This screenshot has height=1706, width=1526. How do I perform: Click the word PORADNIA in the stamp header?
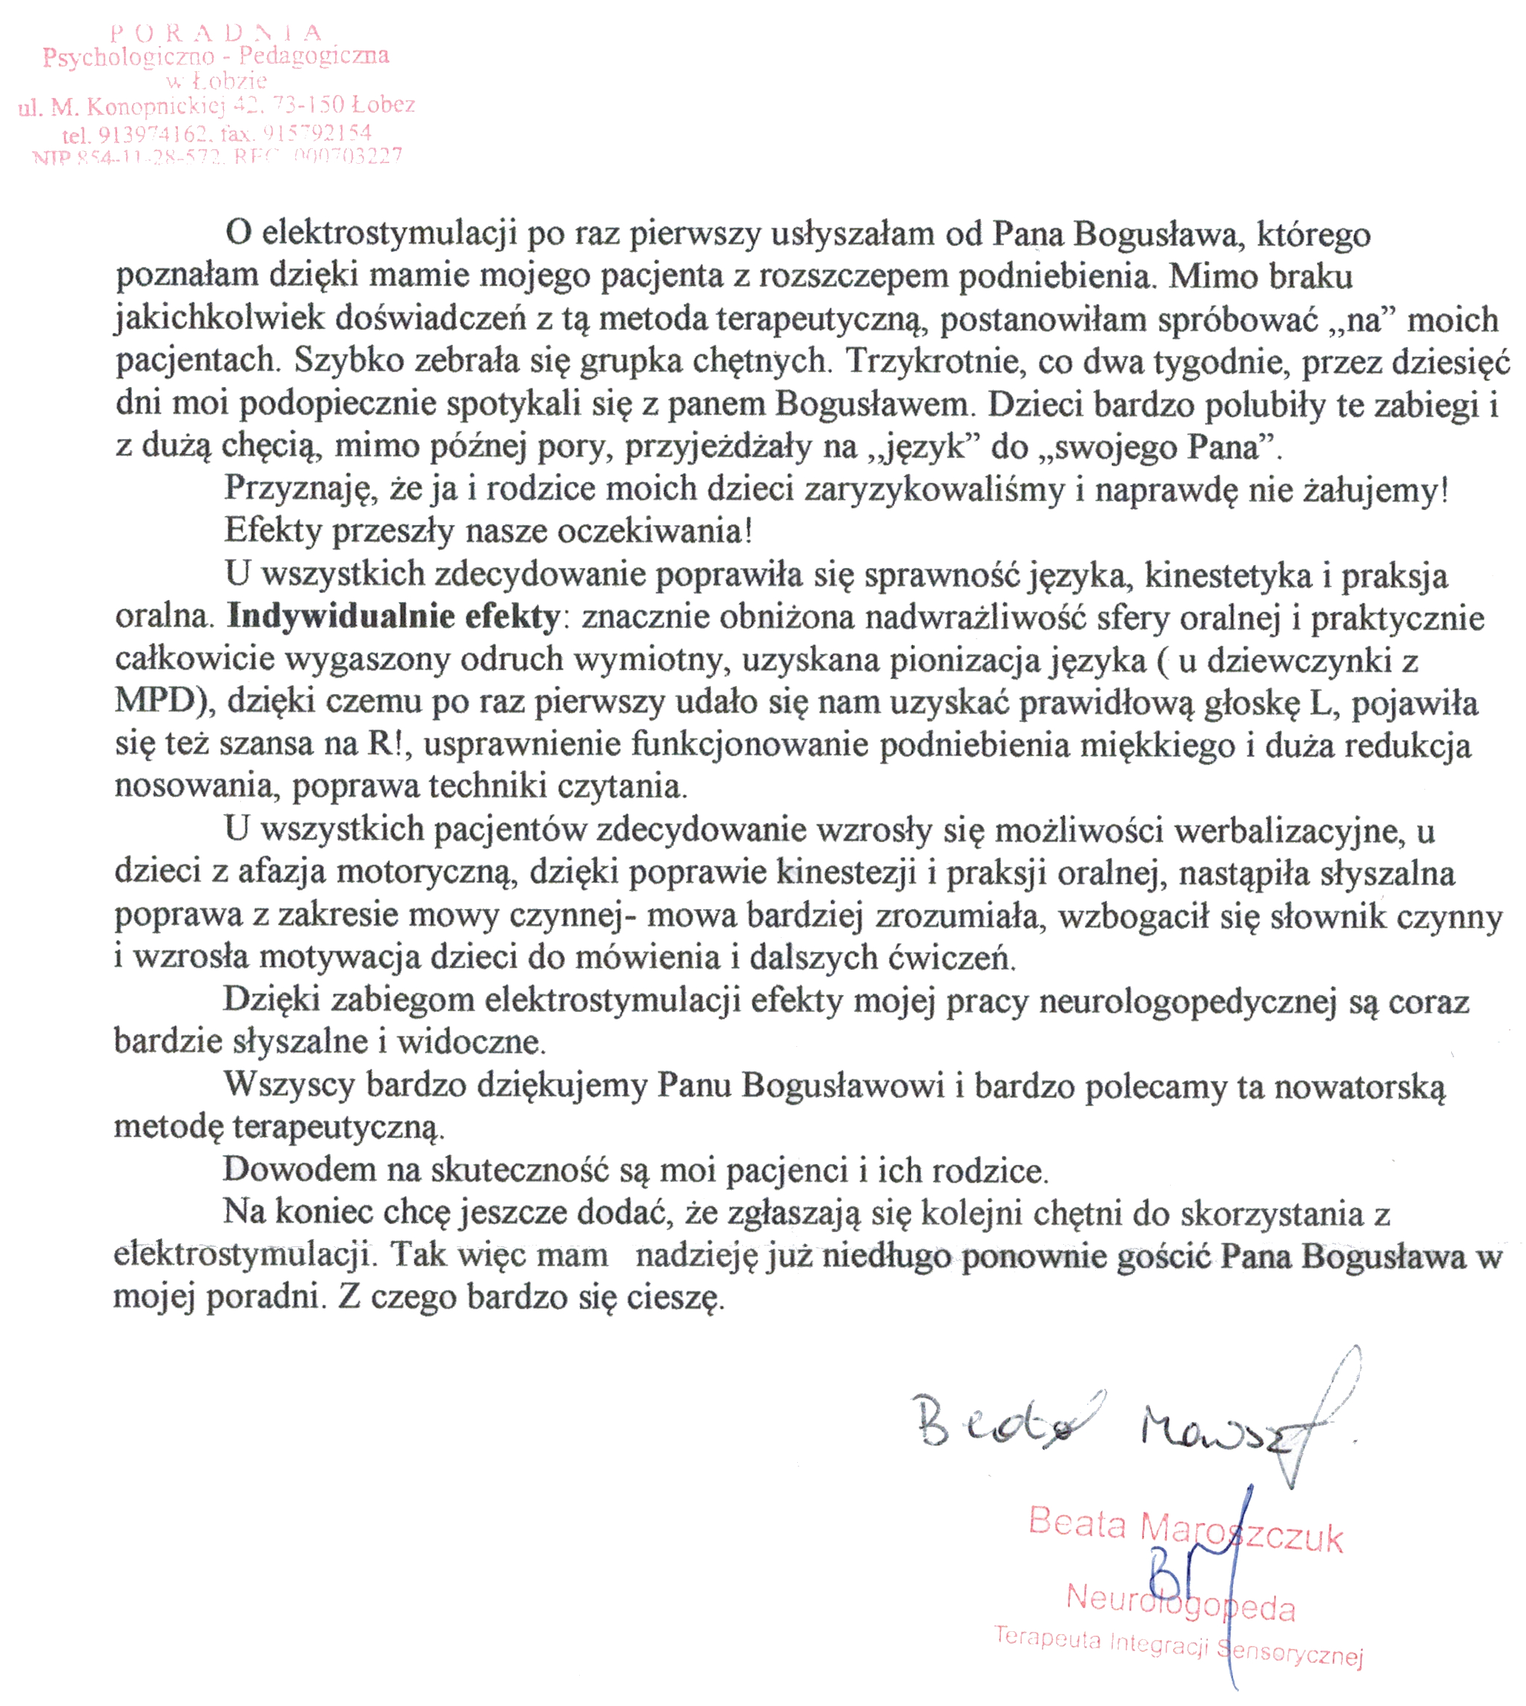217,33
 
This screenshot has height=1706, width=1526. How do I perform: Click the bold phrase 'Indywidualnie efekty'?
394,617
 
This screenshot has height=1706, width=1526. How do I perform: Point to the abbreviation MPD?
155,701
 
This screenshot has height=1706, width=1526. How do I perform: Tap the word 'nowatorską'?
1360,1086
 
